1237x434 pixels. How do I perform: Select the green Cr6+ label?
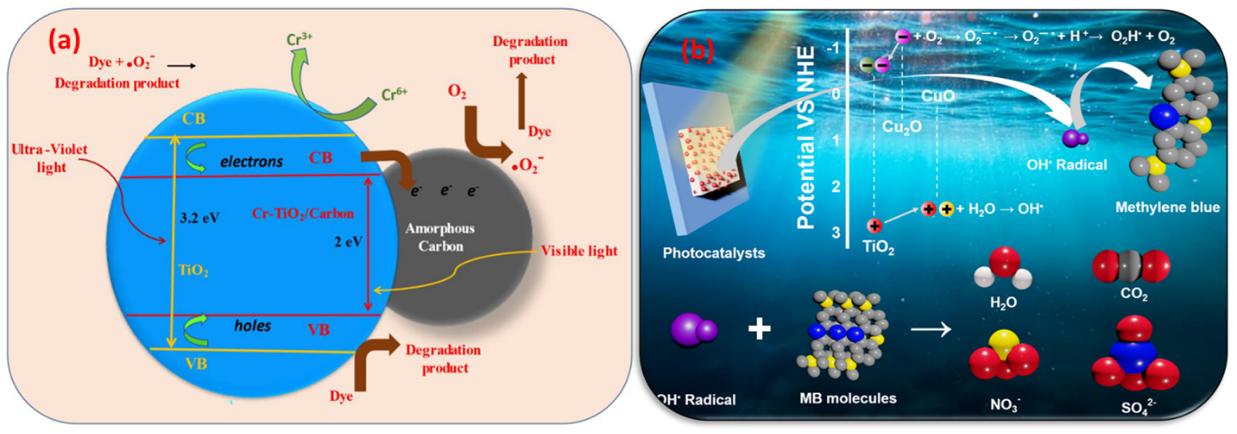394,94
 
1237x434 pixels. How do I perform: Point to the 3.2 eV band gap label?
199,218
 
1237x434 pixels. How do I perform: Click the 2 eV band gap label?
348,242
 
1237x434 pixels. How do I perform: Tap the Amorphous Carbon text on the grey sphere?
440,237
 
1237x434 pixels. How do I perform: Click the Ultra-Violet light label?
49,158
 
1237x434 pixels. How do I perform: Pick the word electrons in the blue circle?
252,162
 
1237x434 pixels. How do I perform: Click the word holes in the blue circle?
253,326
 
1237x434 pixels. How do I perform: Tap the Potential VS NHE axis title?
806,137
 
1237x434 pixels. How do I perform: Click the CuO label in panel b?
938,96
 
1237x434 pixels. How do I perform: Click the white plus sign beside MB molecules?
759,329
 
